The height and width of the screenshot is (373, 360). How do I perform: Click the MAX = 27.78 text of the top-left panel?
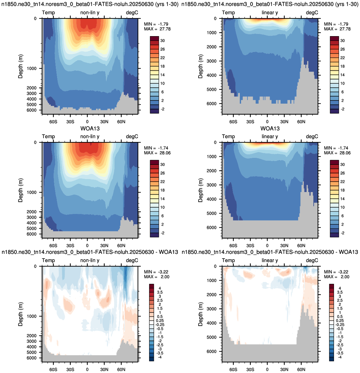(x=157, y=29)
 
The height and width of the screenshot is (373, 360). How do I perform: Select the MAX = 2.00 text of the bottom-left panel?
(x=154, y=277)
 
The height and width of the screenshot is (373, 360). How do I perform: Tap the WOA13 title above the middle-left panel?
(x=90, y=128)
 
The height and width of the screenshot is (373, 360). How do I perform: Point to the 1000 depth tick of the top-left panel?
(x=32, y=68)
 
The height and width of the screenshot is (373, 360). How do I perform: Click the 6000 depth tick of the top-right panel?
(x=212, y=104)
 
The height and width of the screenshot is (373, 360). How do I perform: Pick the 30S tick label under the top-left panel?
(x=70, y=122)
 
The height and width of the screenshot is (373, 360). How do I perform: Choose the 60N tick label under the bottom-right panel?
(x=301, y=370)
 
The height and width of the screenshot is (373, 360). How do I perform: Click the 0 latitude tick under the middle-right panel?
(x=267, y=246)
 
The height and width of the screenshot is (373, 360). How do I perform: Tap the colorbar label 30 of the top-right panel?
(x=342, y=41)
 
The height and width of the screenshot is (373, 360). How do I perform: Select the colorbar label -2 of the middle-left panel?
(x=162, y=233)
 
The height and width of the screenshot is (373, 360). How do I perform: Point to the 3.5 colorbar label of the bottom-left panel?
(x=160, y=293)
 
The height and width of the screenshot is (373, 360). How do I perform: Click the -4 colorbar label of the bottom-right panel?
(x=340, y=357)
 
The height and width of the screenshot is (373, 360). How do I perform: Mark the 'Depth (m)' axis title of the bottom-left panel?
(x=21, y=314)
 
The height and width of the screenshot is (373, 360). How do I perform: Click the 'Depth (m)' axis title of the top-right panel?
(x=200, y=66)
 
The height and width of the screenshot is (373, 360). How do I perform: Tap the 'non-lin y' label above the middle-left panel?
(x=90, y=137)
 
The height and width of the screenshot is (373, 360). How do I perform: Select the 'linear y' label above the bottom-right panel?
(x=270, y=260)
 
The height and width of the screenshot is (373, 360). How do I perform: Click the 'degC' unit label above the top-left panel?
(x=132, y=13)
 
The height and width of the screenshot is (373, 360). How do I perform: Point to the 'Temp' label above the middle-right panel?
(x=228, y=137)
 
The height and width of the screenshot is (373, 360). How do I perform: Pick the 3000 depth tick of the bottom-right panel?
(x=212, y=309)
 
